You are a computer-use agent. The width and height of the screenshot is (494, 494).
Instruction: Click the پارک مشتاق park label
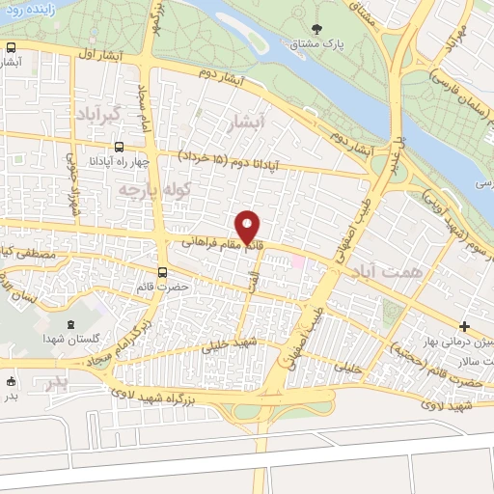320,45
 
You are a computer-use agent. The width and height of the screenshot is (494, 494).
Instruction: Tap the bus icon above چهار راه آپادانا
118,148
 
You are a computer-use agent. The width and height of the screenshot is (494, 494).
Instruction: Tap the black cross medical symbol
465,326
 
